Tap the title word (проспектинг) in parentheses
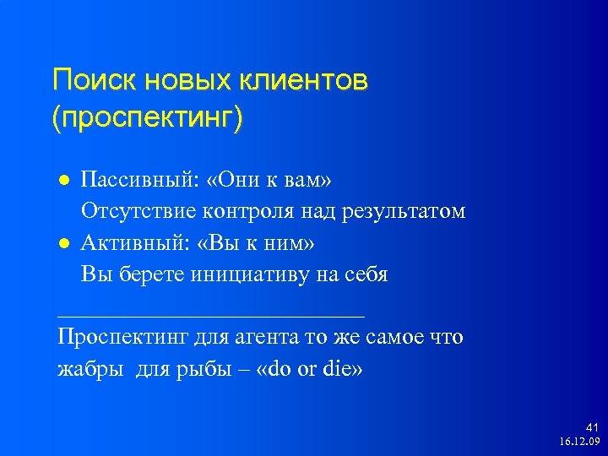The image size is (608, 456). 147,118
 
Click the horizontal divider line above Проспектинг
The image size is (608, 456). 211,315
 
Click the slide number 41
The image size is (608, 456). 591,428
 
